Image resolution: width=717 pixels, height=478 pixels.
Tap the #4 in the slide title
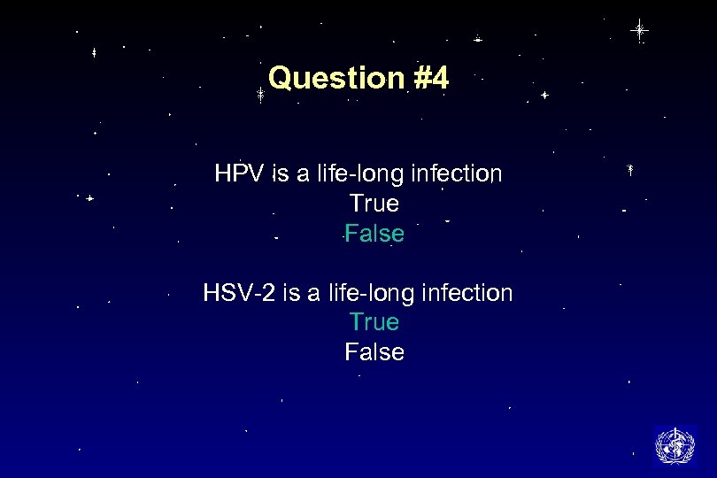click(x=431, y=78)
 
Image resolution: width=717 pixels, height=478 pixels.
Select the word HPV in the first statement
click(x=239, y=173)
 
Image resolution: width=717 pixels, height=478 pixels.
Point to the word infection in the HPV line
click(x=457, y=173)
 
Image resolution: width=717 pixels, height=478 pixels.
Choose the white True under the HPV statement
click(x=374, y=204)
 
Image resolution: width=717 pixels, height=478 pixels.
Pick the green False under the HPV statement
click(x=374, y=234)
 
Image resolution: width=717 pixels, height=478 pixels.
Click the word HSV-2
click(x=240, y=292)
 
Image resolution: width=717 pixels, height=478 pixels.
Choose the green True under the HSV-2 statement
click(x=374, y=322)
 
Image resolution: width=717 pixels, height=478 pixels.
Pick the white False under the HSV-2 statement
click(x=374, y=352)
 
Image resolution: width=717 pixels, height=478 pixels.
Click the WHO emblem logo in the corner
click(x=675, y=445)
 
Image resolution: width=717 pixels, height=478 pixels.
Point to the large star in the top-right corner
click(x=639, y=30)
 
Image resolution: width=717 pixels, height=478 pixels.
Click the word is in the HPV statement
click(x=281, y=173)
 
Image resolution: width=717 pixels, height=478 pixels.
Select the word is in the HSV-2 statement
click(x=291, y=292)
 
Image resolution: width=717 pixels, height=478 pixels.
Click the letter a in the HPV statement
click(x=303, y=174)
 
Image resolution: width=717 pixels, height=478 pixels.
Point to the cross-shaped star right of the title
click(x=544, y=95)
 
